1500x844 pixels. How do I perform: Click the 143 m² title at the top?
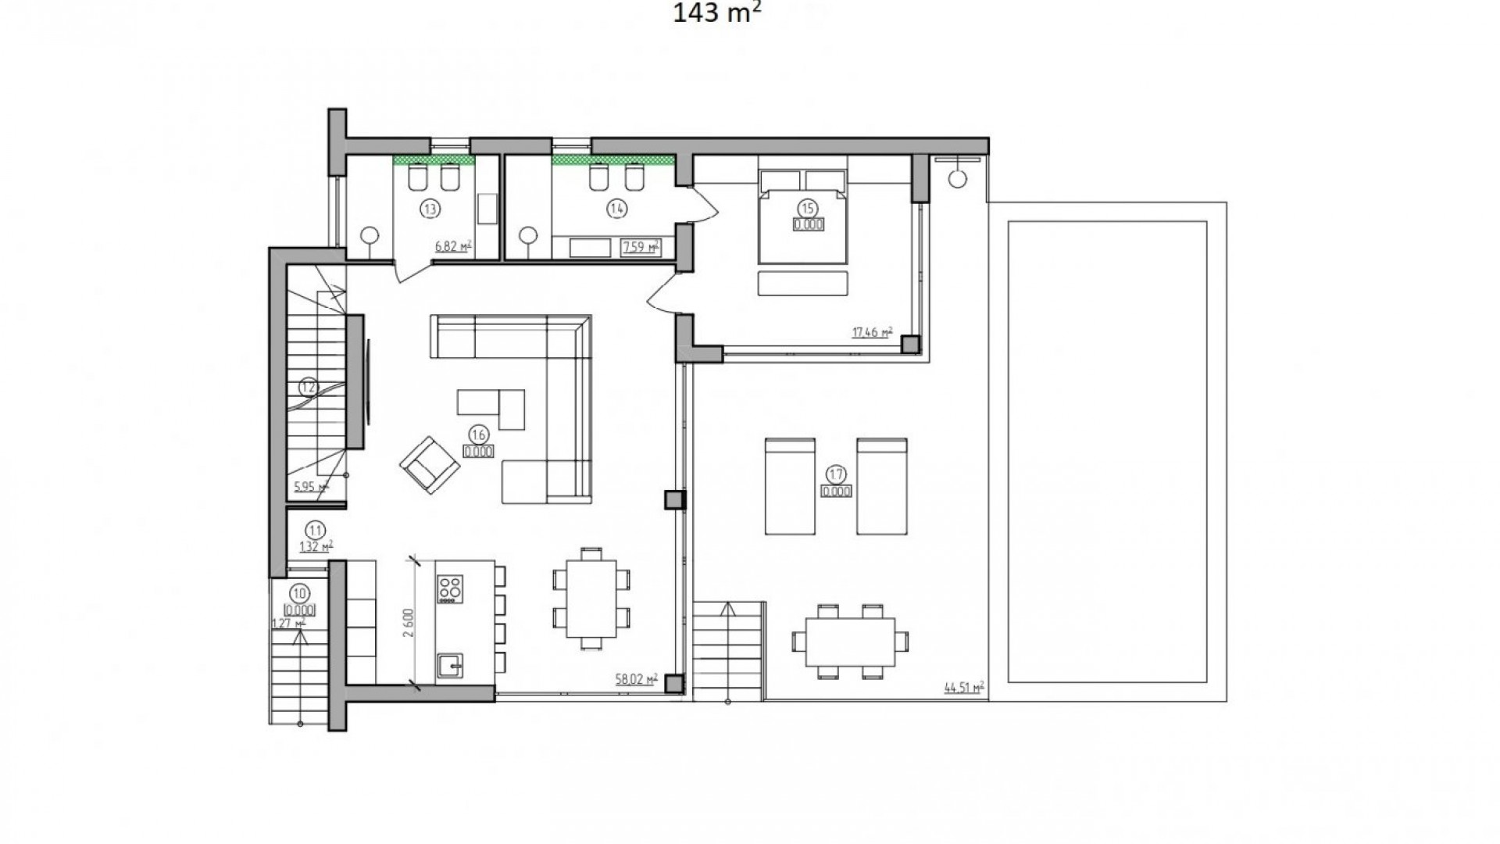pyautogui.click(x=717, y=13)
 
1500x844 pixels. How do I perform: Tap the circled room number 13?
pyautogui.click(x=429, y=208)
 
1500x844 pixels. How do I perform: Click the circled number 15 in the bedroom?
pyautogui.click(x=807, y=208)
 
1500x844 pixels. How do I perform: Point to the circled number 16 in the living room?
pyautogui.click(x=478, y=435)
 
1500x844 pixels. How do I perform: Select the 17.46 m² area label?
pyautogui.click(x=872, y=332)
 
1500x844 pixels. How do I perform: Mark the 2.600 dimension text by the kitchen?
pyautogui.click(x=408, y=623)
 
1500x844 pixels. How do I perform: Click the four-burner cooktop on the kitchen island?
pyautogui.click(x=450, y=588)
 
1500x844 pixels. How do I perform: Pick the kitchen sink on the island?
pyautogui.click(x=451, y=666)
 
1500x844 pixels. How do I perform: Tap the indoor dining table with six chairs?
pyautogui.click(x=591, y=599)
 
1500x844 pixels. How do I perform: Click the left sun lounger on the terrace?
pyautogui.click(x=789, y=486)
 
